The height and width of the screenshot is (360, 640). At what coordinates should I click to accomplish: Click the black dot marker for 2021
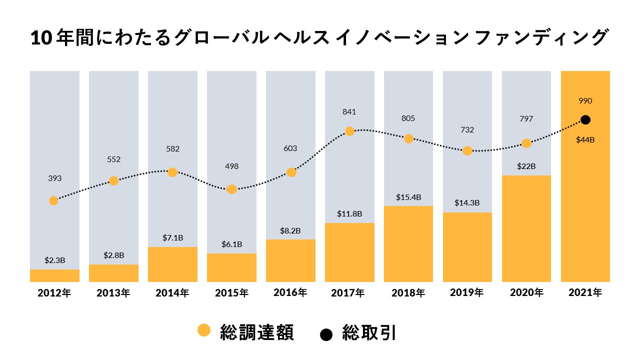(x=585, y=120)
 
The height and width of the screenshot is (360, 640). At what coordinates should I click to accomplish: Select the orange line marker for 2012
(x=53, y=200)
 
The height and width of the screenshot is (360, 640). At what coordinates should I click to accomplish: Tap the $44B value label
(x=585, y=139)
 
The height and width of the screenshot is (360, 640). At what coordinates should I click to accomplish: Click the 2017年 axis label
(x=349, y=293)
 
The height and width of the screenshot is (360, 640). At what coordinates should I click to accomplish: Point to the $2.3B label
(x=54, y=260)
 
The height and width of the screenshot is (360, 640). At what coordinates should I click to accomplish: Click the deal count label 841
(x=349, y=111)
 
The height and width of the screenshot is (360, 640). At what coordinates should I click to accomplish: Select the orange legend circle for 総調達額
(x=204, y=330)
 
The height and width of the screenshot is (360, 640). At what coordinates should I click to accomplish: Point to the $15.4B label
(x=408, y=197)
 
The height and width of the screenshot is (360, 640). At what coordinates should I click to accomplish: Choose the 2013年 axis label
(x=113, y=293)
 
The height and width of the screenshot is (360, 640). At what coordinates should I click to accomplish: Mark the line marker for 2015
(x=231, y=189)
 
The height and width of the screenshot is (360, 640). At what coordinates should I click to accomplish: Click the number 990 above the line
(x=585, y=101)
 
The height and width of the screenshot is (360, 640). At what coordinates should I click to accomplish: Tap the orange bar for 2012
(x=54, y=275)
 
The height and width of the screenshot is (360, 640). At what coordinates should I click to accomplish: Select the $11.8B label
(x=349, y=213)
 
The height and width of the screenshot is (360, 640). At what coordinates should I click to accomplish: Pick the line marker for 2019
(x=467, y=150)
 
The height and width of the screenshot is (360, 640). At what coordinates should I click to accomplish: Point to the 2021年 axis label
(x=585, y=293)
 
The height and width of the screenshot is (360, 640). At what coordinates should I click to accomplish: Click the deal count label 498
(x=231, y=166)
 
